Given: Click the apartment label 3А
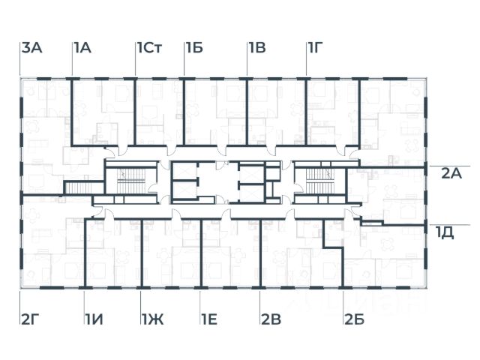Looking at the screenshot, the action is coord(31,49).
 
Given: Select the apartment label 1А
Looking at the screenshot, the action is coord(82,49).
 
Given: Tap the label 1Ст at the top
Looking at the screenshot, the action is coord(150,49).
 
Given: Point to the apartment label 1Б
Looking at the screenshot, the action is coord(194,49).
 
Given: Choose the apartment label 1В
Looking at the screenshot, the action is coord(257,49).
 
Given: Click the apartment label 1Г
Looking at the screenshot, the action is coord(316,49).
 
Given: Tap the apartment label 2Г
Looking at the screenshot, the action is coord(30,321).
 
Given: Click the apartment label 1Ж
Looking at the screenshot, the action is coord(151,321).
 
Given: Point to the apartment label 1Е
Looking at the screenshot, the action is coord(209,321).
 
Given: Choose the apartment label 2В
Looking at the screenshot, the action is coord(270,321).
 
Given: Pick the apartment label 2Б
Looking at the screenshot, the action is coord(354,321).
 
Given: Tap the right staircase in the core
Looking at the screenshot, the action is coord(318,179).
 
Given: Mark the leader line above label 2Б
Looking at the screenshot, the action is coord(343,301).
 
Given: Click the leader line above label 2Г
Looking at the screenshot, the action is coord(20,301).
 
